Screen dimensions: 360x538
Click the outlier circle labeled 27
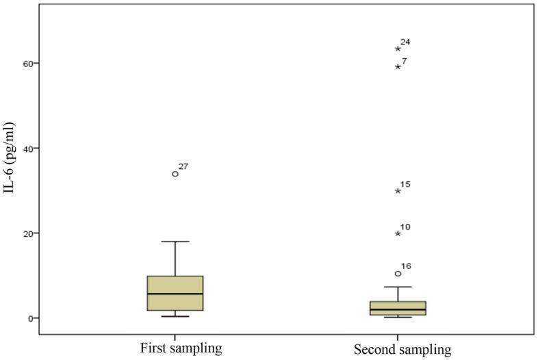click(x=175, y=174)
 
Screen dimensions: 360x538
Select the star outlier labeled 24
click(x=398, y=49)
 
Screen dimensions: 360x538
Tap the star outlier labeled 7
click(x=398, y=66)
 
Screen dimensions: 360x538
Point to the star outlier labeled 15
click(x=398, y=191)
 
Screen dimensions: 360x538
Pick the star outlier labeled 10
click(x=398, y=233)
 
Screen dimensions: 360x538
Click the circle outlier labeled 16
click(x=398, y=274)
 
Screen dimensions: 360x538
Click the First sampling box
click(x=175, y=293)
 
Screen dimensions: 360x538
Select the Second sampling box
click(x=398, y=308)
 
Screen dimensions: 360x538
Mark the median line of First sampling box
click(x=175, y=294)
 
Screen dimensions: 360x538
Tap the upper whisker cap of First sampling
click(x=175, y=242)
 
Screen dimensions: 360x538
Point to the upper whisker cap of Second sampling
click(x=398, y=287)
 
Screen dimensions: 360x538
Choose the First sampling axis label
click(x=175, y=348)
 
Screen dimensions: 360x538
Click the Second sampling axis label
click(x=402, y=349)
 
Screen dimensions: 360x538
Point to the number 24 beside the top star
click(x=405, y=42)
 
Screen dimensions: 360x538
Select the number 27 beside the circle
click(x=183, y=167)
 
